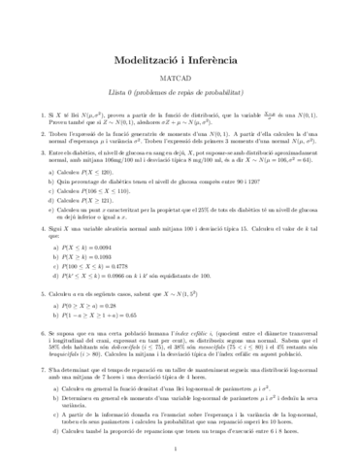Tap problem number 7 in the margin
pyautogui.click(x=23, y=370)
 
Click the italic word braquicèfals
pyautogui.click(x=54, y=355)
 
